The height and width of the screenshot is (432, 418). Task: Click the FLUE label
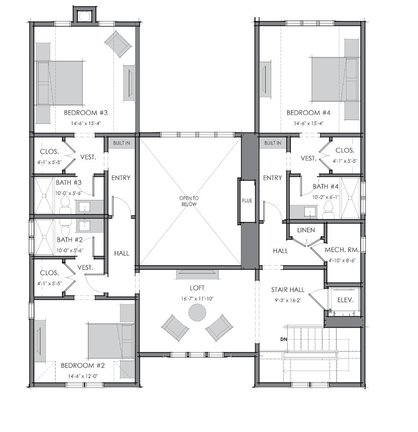click(x=247, y=200)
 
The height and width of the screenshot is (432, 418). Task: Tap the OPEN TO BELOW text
click(x=189, y=201)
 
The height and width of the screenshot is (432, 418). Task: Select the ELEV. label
click(x=345, y=300)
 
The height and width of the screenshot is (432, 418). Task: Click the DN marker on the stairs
click(x=284, y=340)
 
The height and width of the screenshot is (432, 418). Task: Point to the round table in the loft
click(x=197, y=312)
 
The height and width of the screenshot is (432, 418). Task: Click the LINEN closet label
click(x=306, y=230)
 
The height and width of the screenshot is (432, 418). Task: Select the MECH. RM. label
click(x=342, y=250)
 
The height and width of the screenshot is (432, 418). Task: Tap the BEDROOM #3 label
click(x=86, y=113)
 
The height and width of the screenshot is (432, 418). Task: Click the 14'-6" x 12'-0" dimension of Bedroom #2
click(x=83, y=376)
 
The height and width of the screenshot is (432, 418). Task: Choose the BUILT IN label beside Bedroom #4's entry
click(x=273, y=143)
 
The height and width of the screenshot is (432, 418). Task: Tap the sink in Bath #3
click(x=84, y=207)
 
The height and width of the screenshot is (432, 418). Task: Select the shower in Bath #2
click(x=44, y=237)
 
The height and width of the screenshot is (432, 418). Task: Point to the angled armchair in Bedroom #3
click(x=117, y=44)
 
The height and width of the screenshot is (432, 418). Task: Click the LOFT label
click(x=197, y=288)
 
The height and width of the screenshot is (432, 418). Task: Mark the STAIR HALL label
click(x=288, y=290)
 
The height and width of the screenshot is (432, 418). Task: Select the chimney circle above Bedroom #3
click(x=84, y=17)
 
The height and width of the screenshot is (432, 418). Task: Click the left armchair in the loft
click(x=175, y=328)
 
